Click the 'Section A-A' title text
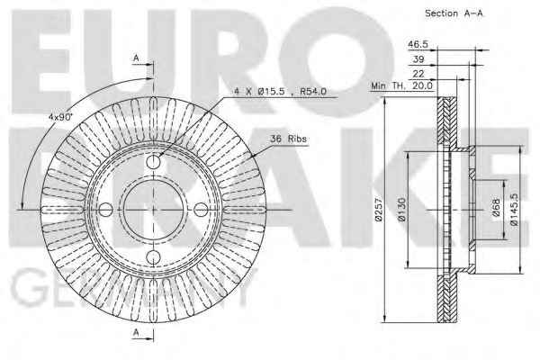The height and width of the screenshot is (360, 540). coord(454,13)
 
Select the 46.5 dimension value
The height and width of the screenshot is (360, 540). coord(418,44)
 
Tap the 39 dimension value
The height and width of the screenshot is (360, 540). coord(418,59)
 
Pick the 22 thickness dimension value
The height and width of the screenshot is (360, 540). coord(418,74)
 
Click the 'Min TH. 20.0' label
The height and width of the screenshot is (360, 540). coord(401,85)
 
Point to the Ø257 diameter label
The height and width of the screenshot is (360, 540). coord(378,209)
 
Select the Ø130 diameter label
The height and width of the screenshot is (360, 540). coord(401,209)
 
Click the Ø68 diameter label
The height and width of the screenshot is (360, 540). coord(496,207)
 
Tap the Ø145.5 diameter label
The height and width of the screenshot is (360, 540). coord(514,209)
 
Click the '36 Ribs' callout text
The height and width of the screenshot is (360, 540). coord(288,139)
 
